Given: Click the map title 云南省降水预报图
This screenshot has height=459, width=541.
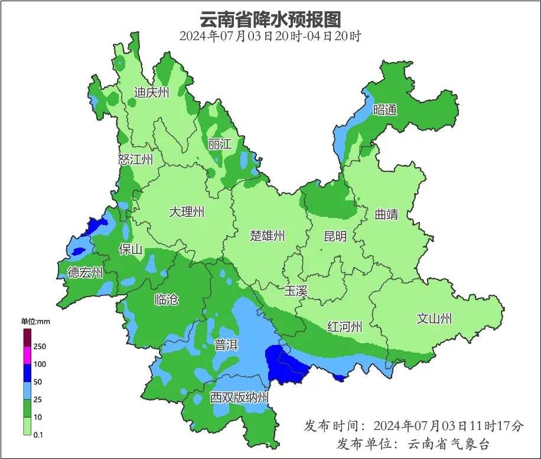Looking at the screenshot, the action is (270, 19).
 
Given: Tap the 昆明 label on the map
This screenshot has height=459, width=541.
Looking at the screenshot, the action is (335, 236).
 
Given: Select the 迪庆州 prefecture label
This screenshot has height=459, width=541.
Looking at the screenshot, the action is (151, 92).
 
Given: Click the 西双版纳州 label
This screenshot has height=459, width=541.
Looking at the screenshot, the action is (239, 398).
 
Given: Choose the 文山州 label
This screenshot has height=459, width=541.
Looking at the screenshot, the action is (434, 319).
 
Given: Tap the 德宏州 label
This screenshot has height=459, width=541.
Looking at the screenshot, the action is (85, 273).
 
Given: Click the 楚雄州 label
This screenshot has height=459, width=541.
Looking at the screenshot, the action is (267, 236).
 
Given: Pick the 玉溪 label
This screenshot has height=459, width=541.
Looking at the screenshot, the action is (296, 291).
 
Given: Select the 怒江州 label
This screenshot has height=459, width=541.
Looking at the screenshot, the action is (135, 159).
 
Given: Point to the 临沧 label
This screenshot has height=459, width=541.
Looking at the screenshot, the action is (166, 300).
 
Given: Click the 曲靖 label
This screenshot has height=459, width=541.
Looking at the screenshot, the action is (386, 214).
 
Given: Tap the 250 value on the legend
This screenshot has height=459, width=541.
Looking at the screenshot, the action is (40, 346).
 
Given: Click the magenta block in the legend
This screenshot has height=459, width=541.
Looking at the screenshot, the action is (27, 356).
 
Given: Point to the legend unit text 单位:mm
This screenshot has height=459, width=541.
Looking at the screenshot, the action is (37, 321).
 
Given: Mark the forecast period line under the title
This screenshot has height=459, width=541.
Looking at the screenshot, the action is (270, 36).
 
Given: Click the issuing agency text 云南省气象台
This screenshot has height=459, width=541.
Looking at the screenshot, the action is (448, 443).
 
